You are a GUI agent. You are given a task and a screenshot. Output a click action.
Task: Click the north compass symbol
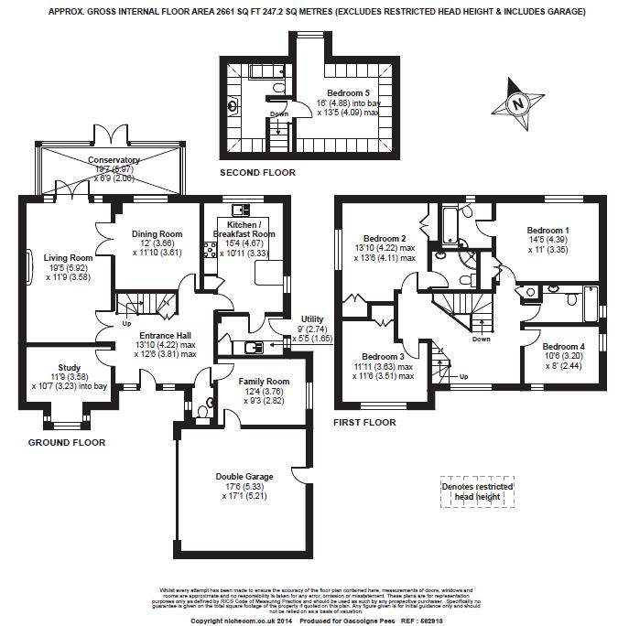click(518, 103)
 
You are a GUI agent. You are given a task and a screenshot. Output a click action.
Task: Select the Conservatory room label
click(114, 160)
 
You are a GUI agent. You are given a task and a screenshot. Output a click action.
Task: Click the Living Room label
click(68, 258)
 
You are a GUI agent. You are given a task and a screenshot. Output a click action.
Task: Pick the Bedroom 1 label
click(548, 231)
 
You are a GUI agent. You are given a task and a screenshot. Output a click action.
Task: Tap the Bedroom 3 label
click(383, 357)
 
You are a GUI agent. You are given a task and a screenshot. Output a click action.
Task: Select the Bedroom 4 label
click(563, 347)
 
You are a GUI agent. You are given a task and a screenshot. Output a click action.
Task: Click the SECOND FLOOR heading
click(258, 172)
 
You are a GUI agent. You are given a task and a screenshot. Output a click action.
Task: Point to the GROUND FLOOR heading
click(67, 442)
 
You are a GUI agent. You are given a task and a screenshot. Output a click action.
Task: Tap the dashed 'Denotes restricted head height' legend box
click(472, 491)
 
